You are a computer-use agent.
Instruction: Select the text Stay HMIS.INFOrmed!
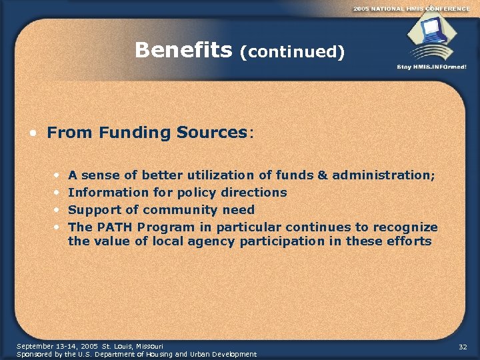(432, 67)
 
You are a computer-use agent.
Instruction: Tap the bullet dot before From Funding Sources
(33, 133)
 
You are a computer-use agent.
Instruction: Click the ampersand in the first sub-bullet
(323, 175)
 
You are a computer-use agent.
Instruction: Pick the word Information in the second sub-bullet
(103, 193)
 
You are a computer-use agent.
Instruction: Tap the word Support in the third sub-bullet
(95, 210)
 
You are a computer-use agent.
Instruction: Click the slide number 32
(463, 347)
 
